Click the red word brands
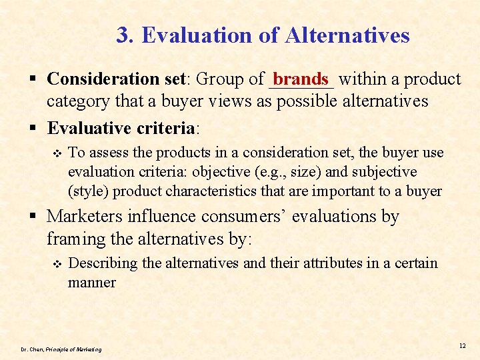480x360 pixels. point(301,79)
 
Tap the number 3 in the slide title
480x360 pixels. point(123,35)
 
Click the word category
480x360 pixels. point(76,101)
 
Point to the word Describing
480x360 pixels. point(103,263)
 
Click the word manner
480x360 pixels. point(92,283)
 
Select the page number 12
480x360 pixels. point(462,345)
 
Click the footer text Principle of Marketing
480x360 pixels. point(73,349)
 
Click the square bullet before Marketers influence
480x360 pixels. point(36,217)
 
